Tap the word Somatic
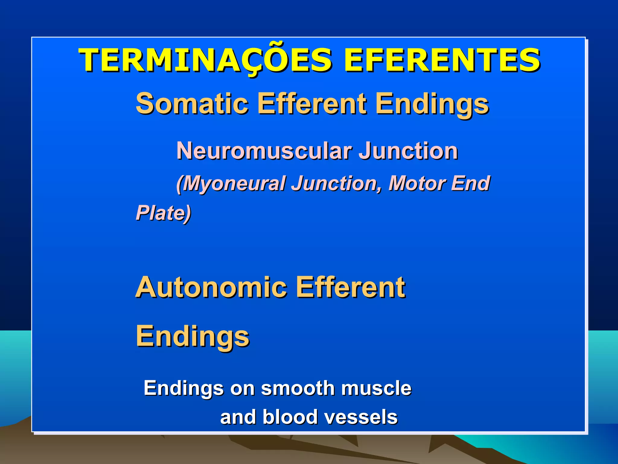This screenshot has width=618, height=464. click(x=192, y=103)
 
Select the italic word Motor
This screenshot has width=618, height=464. click(x=416, y=183)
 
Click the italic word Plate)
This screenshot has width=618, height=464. click(x=163, y=213)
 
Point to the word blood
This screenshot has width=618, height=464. click(x=290, y=417)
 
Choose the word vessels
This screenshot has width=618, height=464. click(x=361, y=417)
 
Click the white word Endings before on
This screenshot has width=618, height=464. click(x=183, y=388)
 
